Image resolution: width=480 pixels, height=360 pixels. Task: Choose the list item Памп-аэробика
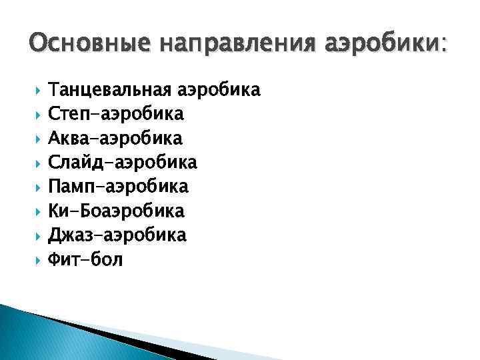pyautogui.click(x=119, y=186)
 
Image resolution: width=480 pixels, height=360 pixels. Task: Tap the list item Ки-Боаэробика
pyautogui.click(x=117, y=211)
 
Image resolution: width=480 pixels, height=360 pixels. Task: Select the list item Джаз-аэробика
pyautogui.click(x=118, y=235)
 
